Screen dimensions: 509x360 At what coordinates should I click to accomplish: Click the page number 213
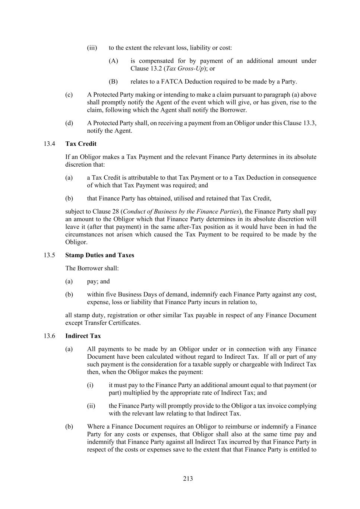pos(188,478)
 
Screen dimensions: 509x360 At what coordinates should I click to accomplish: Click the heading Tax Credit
pos(80,144)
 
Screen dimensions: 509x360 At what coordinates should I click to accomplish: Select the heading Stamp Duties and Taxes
pos(100,255)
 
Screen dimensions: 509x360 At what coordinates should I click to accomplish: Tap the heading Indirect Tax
pos(83,336)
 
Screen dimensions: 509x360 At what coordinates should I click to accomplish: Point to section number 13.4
pos(49,144)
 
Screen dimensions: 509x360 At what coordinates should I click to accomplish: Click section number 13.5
pos(49,255)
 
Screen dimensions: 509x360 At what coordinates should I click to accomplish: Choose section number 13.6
pos(49,336)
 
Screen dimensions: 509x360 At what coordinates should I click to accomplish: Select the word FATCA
pos(171,82)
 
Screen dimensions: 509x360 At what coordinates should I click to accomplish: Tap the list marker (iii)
pos(92,48)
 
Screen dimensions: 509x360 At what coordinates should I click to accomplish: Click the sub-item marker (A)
pos(113,61)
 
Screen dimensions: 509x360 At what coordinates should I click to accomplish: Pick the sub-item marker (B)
pos(113,82)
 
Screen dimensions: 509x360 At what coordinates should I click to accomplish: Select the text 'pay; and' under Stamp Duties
pos(98,281)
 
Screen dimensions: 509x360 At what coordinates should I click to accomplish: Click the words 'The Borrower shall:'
pos(92,268)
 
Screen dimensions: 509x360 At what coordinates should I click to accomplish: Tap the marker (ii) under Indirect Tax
pos(91,406)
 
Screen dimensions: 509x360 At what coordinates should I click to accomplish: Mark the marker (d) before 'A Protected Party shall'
pos(69,123)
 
